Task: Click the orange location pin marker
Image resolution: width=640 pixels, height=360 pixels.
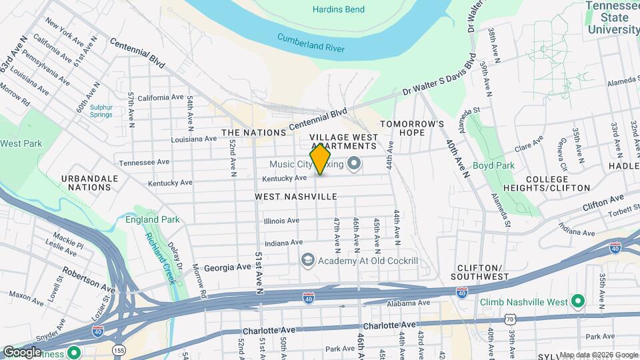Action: tap(321, 159)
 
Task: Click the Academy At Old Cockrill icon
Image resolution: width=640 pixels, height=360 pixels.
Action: tap(307, 259)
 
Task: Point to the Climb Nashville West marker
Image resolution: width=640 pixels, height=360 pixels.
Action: tap(578, 301)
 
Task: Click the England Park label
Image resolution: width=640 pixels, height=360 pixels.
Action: tap(152, 219)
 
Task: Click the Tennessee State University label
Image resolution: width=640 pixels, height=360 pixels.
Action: tap(613, 17)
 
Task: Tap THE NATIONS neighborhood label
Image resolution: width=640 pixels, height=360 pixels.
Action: tap(254, 133)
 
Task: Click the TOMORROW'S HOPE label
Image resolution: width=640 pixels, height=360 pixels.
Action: tap(412, 128)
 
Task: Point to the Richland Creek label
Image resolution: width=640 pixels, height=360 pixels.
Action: tap(159, 257)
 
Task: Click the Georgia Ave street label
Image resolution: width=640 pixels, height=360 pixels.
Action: tap(227, 267)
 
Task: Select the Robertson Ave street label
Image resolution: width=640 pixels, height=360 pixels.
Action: tap(89, 279)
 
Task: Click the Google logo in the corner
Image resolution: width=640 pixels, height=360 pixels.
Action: tap(21, 352)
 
